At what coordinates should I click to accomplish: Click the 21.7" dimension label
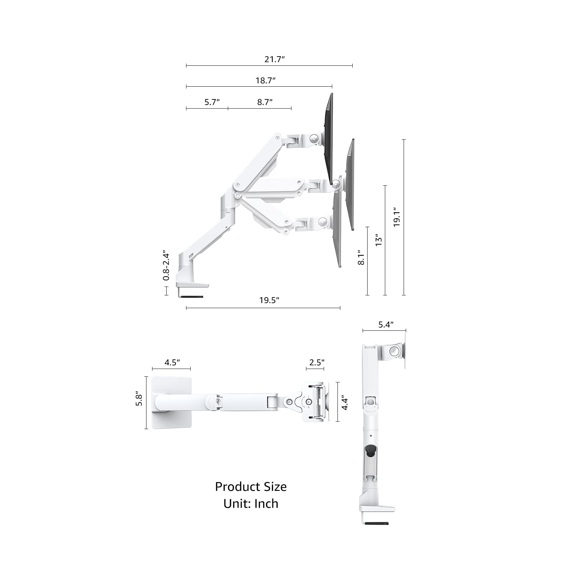point(275,59)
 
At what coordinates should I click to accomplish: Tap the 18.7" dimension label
point(265,80)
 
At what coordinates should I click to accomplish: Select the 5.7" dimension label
point(212,102)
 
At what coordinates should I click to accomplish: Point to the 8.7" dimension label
point(265,102)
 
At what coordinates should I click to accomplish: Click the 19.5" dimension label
point(269,300)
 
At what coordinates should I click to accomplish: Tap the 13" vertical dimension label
point(379,240)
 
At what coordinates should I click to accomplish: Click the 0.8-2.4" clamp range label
point(166,267)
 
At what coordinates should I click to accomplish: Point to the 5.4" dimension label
point(386,324)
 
